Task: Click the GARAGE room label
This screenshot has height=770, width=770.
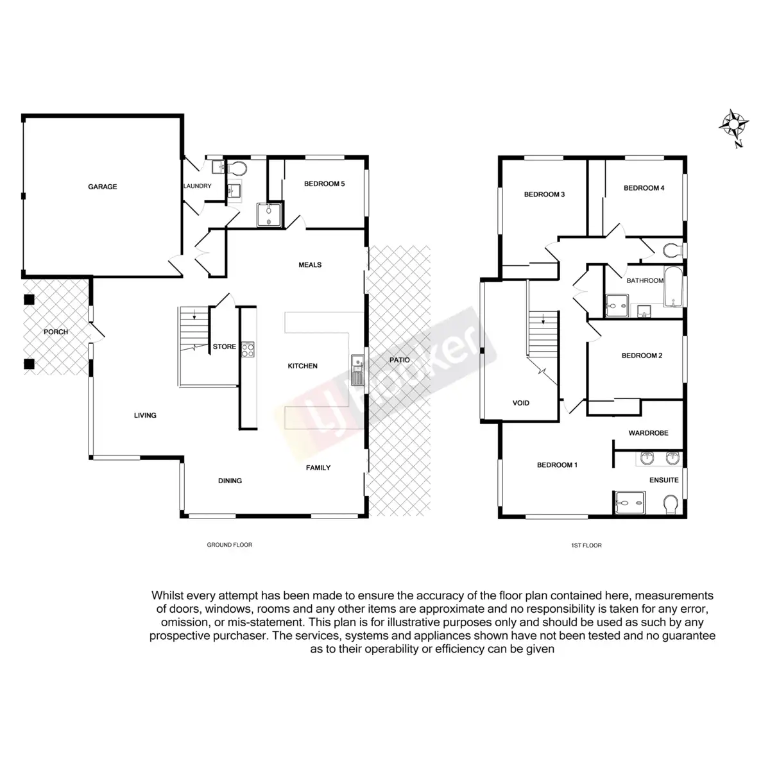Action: (103, 187)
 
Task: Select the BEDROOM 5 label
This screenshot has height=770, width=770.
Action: (324, 184)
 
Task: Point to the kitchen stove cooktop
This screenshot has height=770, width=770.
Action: (248, 350)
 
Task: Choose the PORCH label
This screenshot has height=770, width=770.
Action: (56, 332)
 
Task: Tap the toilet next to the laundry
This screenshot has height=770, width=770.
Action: (237, 169)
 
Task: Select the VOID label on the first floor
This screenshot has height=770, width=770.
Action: (521, 403)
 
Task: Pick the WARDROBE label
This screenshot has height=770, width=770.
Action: (648, 433)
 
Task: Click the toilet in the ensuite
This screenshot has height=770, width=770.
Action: (671, 504)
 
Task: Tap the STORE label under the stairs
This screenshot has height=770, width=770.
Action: (225, 346)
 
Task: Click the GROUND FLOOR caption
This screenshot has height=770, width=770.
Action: (229, 545)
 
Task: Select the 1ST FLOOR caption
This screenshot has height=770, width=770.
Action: (586, 545)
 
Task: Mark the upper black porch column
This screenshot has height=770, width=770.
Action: (28, 299)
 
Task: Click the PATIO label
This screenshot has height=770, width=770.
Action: (399, 360)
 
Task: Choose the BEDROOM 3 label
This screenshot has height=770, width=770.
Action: (544, 194)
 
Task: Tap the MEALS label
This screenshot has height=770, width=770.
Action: (310, 264)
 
